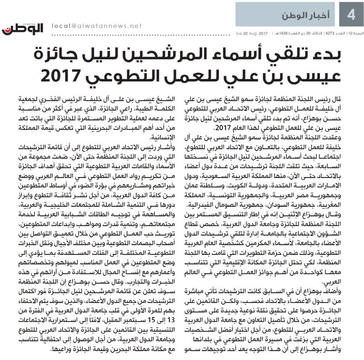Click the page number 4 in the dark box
[351, 15]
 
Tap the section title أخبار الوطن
[305, 15]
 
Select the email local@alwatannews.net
[97, 26]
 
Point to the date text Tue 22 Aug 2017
[251, 33]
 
